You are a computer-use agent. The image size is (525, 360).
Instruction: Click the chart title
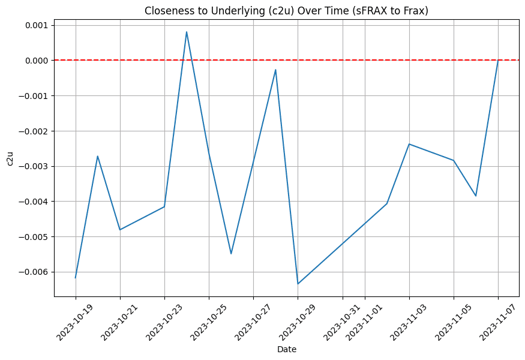pyautogui.click(x=286, y=10)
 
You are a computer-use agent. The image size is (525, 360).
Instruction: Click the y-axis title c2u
pyautogui.click(x=9, y=158)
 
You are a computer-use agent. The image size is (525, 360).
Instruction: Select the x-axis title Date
pyautogui.click(x=286, y=349)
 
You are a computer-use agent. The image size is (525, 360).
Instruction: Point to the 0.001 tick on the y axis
pyautogui.click(x=36, y=25)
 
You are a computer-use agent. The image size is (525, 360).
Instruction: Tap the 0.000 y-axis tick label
pyautogui.click(x=36, y=61)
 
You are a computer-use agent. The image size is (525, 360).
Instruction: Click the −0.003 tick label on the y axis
pyautogui.click(x=34, y=166)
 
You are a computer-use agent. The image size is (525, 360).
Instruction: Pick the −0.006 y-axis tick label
pyautogui.click(x=34, y=272)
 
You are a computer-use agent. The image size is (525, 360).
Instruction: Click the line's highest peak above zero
pyautogui.click(x=187, y=32)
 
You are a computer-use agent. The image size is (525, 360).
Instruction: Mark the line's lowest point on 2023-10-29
pyautogui.click(x=298, y=284)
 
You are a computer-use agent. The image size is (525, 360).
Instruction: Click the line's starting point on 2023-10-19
pyautogui.click(x=76, y=278)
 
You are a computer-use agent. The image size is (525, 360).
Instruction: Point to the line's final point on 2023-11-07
pyautogui.click(x=498, y=60)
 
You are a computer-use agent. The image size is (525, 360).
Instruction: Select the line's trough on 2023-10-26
pyautogui.click(x=231, y=254)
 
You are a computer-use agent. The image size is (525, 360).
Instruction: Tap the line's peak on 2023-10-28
pyautogui.click(x=275, y=70)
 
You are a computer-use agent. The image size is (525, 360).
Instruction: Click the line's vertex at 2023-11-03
pyautogui.click(x=409, y=144)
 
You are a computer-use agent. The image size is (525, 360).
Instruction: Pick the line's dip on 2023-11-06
pyautogui.click(x=476, y=196)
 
